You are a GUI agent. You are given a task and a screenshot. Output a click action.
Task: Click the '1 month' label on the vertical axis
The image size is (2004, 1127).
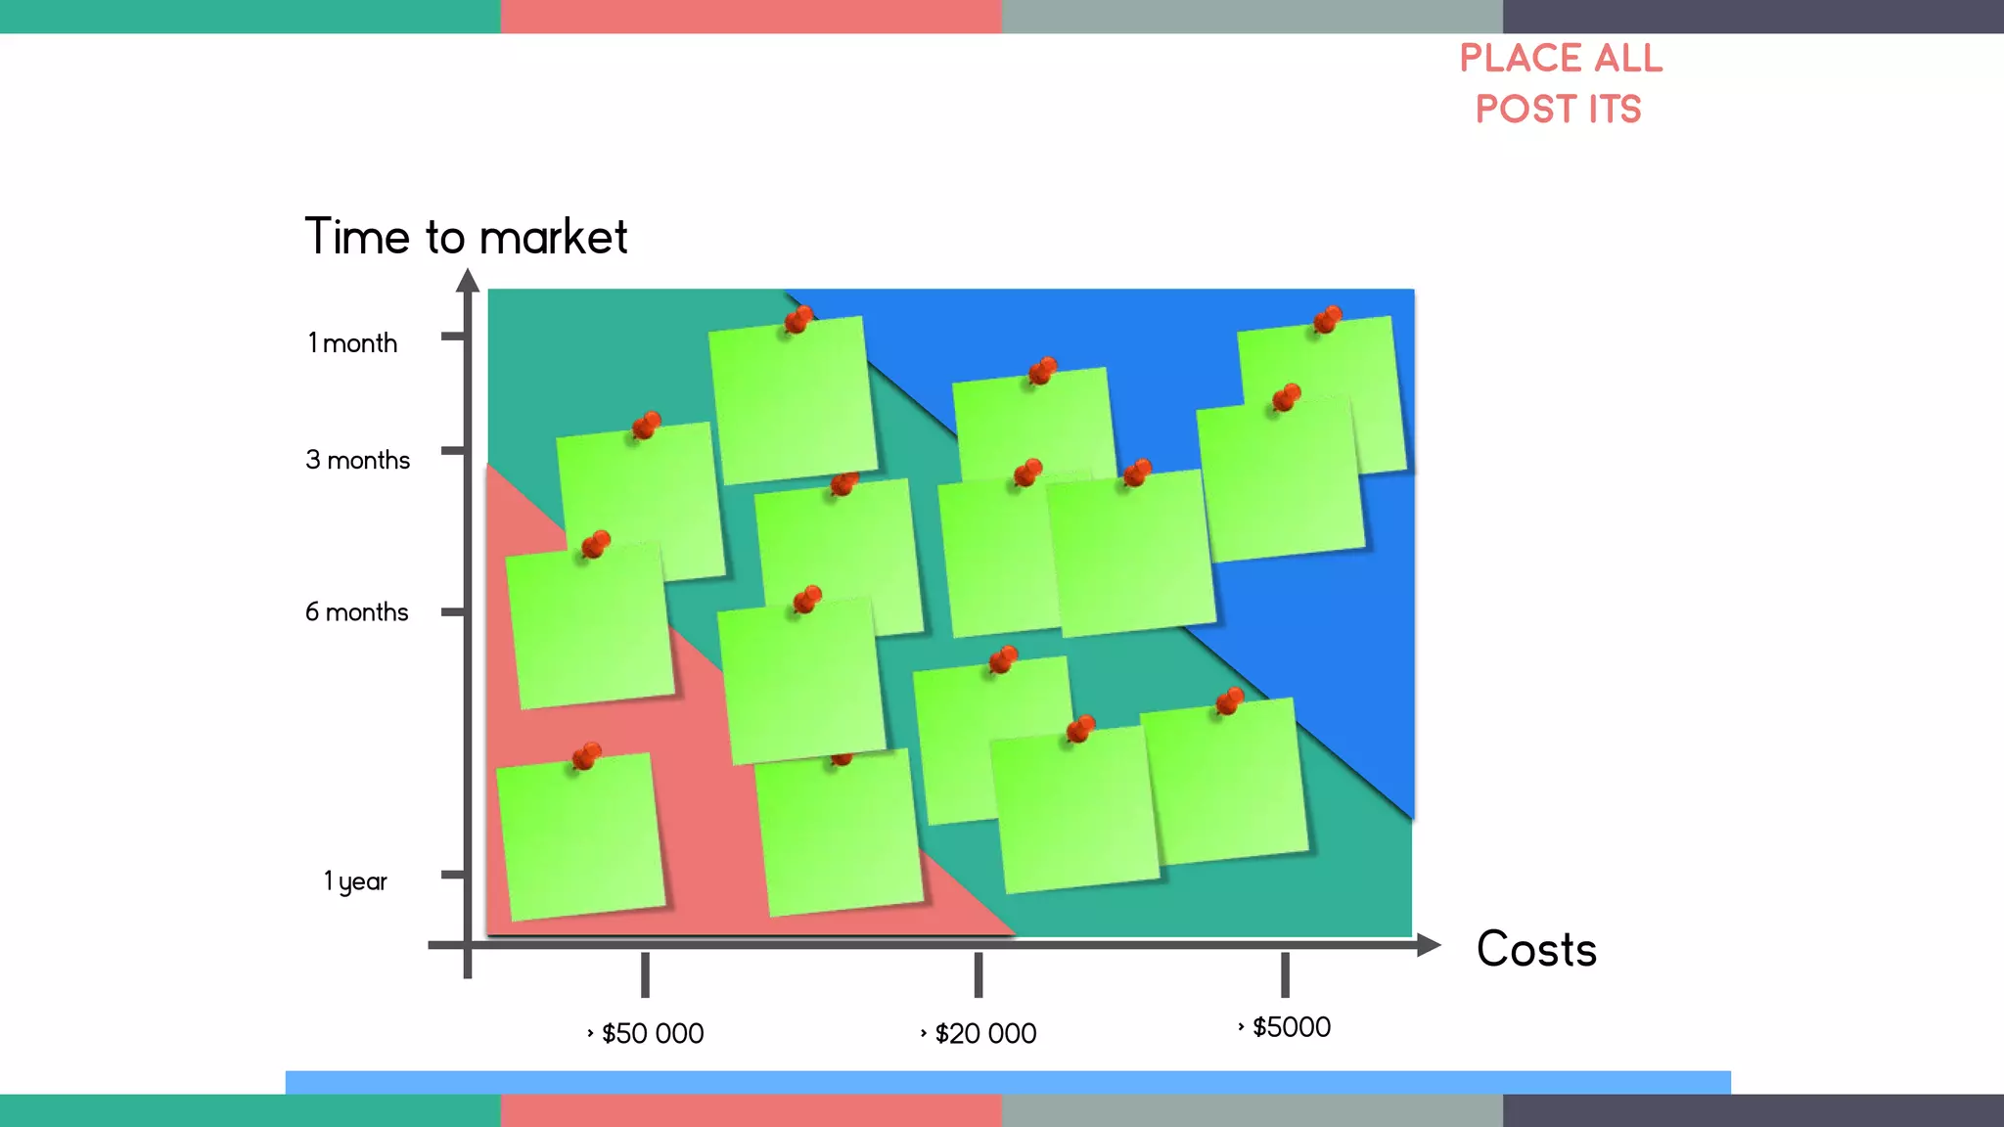[x=352, y=343]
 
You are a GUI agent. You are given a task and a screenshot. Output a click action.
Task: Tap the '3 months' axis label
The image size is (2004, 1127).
[x=357, y=460]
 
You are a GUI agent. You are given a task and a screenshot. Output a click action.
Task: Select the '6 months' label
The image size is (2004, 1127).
[x=356, y=612]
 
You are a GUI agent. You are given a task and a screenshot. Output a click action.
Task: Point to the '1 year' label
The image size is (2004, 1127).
[x=355, y=881]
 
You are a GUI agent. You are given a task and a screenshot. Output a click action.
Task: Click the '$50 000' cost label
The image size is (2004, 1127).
[x=646, y=1033]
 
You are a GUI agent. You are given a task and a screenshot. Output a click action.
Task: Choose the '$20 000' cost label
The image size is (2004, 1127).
[x=979, y=1033]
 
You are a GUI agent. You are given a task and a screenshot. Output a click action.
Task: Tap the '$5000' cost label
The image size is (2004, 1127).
[x=1285, y=1027]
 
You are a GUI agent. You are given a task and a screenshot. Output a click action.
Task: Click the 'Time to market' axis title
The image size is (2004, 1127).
[x=466, y=237]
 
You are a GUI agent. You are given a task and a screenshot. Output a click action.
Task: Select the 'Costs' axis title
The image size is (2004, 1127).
[x=1536, y=949]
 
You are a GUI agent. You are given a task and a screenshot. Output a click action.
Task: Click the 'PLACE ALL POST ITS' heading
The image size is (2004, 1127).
[x=1560, y=83]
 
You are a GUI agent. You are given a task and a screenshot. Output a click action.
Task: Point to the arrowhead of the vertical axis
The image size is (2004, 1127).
[x=468, y=281]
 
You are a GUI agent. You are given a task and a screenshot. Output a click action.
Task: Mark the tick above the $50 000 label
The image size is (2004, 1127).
[x=645, y=974]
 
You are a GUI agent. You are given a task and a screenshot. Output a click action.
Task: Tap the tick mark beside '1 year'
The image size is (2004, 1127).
[x=452, y=874]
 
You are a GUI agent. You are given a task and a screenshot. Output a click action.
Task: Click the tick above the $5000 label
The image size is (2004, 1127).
[x=1285, y=974]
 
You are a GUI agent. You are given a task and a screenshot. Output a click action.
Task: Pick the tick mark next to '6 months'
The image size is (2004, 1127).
[x=452, y=612]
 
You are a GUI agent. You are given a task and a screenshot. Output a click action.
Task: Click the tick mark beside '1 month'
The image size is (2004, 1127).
[x=452, y=337]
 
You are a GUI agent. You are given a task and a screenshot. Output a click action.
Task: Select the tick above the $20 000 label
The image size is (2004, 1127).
[x=979, y=974]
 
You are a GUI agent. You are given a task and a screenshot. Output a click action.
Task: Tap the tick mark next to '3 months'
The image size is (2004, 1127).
[x=452, y=451]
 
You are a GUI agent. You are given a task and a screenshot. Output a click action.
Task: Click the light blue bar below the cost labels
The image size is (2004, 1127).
[x=1008, y=1082]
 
